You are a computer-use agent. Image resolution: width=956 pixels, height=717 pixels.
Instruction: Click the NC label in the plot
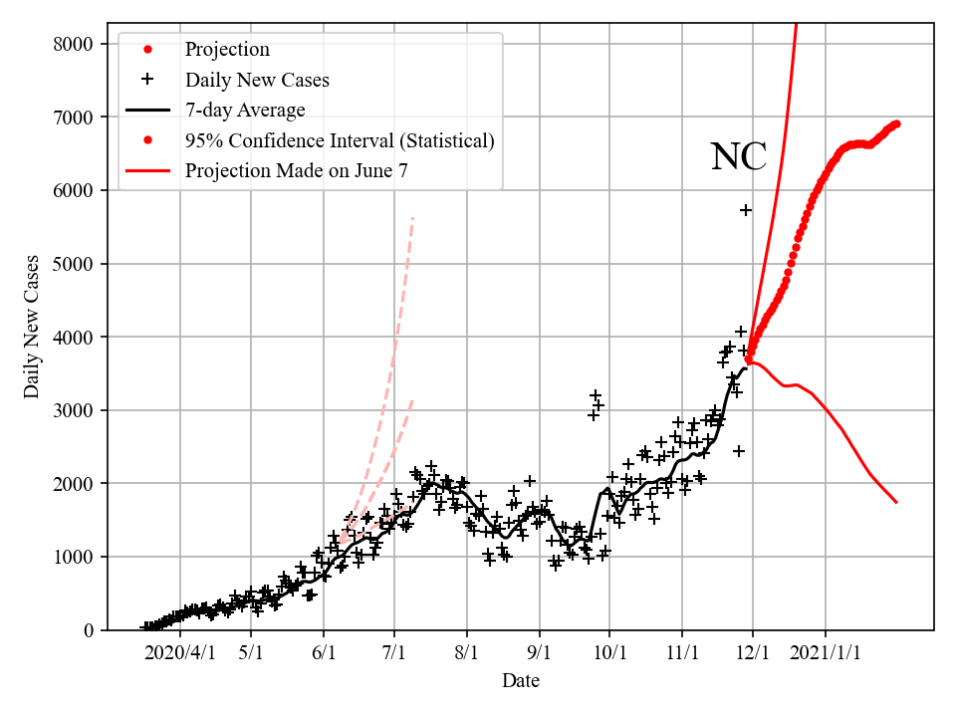pos(738,157)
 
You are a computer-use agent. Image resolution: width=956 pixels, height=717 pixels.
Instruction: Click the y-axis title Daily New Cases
pos(33,327)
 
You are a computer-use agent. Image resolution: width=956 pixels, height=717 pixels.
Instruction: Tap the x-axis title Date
pos(521,681)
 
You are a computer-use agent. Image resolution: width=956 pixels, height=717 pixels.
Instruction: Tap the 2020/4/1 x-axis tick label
pos(179,654)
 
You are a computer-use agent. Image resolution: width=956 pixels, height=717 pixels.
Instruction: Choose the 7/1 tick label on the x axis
pos(394,654)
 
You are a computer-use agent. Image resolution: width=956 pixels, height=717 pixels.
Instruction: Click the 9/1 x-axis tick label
pos(540,654)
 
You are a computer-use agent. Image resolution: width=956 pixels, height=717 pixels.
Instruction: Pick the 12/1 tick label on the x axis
pos(753,654)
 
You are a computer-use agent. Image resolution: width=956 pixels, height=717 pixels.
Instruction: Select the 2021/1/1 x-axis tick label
pos(826,654)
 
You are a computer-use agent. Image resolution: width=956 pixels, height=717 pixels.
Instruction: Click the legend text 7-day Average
pos(245,110)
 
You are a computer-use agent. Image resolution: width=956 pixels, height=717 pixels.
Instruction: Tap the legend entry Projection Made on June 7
pos(296,171)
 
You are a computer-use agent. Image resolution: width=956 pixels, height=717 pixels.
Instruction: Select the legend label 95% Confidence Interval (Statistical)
pos(339,140)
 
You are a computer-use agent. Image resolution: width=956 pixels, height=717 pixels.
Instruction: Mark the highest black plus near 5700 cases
pos(746,209)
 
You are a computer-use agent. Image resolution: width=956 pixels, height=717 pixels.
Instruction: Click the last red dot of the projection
pos(896,123)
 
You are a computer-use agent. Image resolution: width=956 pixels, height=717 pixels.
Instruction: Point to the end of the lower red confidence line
pos(896,502)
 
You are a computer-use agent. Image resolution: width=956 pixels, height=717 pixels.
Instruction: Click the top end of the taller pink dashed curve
pos(412,217)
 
